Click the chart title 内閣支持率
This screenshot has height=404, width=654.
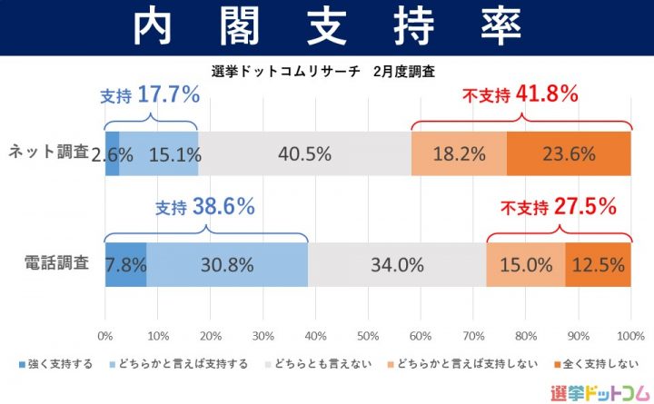(327, 28)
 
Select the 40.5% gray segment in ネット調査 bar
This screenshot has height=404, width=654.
(304, 153)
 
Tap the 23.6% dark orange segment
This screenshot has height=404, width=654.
(569, 153)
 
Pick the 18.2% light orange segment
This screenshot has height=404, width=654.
(459, 153)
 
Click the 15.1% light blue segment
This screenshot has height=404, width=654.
(158, 153)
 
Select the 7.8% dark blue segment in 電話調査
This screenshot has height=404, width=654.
(125, 265)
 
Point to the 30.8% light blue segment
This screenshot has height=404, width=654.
(227, 265)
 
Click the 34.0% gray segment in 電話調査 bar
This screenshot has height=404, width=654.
(397, 265)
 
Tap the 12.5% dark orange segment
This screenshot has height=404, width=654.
(598, 265)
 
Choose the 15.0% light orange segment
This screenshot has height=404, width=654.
(526, 265)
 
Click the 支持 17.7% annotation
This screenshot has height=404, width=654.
(149, 96)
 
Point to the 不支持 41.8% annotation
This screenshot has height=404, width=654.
(521, 94)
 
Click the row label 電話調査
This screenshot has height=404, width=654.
(55, 264)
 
